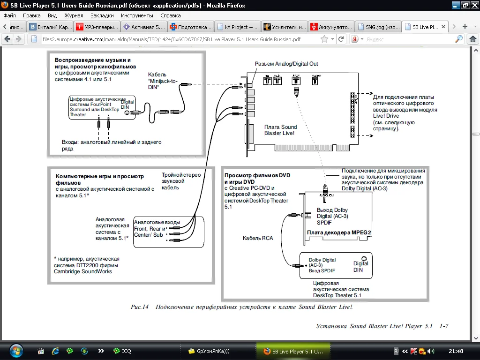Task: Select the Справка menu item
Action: coord(170,15)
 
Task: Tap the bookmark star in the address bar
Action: coord(324,39)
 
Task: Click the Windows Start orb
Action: coord(15,350)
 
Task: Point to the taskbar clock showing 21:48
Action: coord(456,351)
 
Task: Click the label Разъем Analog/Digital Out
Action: coord(286,64)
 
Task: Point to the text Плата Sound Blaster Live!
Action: coord(280,130)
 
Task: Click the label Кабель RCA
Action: coord(257,238)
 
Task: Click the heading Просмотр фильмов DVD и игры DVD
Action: coord(257,178)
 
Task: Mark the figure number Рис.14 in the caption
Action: coord(139,307)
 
